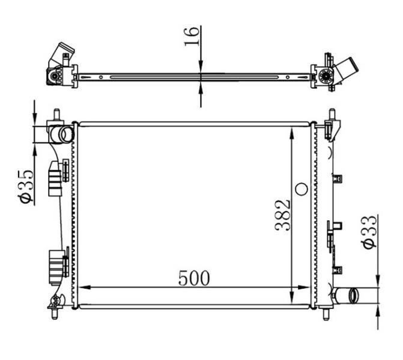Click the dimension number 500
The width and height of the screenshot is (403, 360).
[194, 278]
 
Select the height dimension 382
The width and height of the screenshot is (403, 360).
[283, 215]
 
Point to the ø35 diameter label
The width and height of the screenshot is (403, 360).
[26, 186]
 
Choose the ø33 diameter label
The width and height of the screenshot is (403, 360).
[369, 231]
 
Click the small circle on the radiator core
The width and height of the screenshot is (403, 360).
[301, 190]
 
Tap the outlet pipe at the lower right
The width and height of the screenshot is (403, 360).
[348, 295]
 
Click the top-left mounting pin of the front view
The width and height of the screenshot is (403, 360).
[56, 114]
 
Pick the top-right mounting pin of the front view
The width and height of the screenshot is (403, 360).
[332, 115]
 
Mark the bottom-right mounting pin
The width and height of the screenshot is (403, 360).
[326, 314]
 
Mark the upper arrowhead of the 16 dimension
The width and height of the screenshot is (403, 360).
[201, 68]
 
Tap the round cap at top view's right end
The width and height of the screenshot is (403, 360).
[326, 76]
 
